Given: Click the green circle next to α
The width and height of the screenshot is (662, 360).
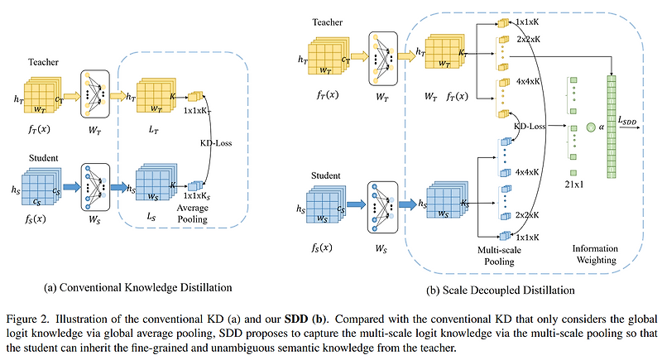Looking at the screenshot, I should [x=592, y=127].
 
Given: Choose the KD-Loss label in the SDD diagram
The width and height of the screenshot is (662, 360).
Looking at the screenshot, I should [x=530, y=128].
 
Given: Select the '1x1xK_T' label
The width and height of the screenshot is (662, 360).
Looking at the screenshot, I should [x=198, y=110].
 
